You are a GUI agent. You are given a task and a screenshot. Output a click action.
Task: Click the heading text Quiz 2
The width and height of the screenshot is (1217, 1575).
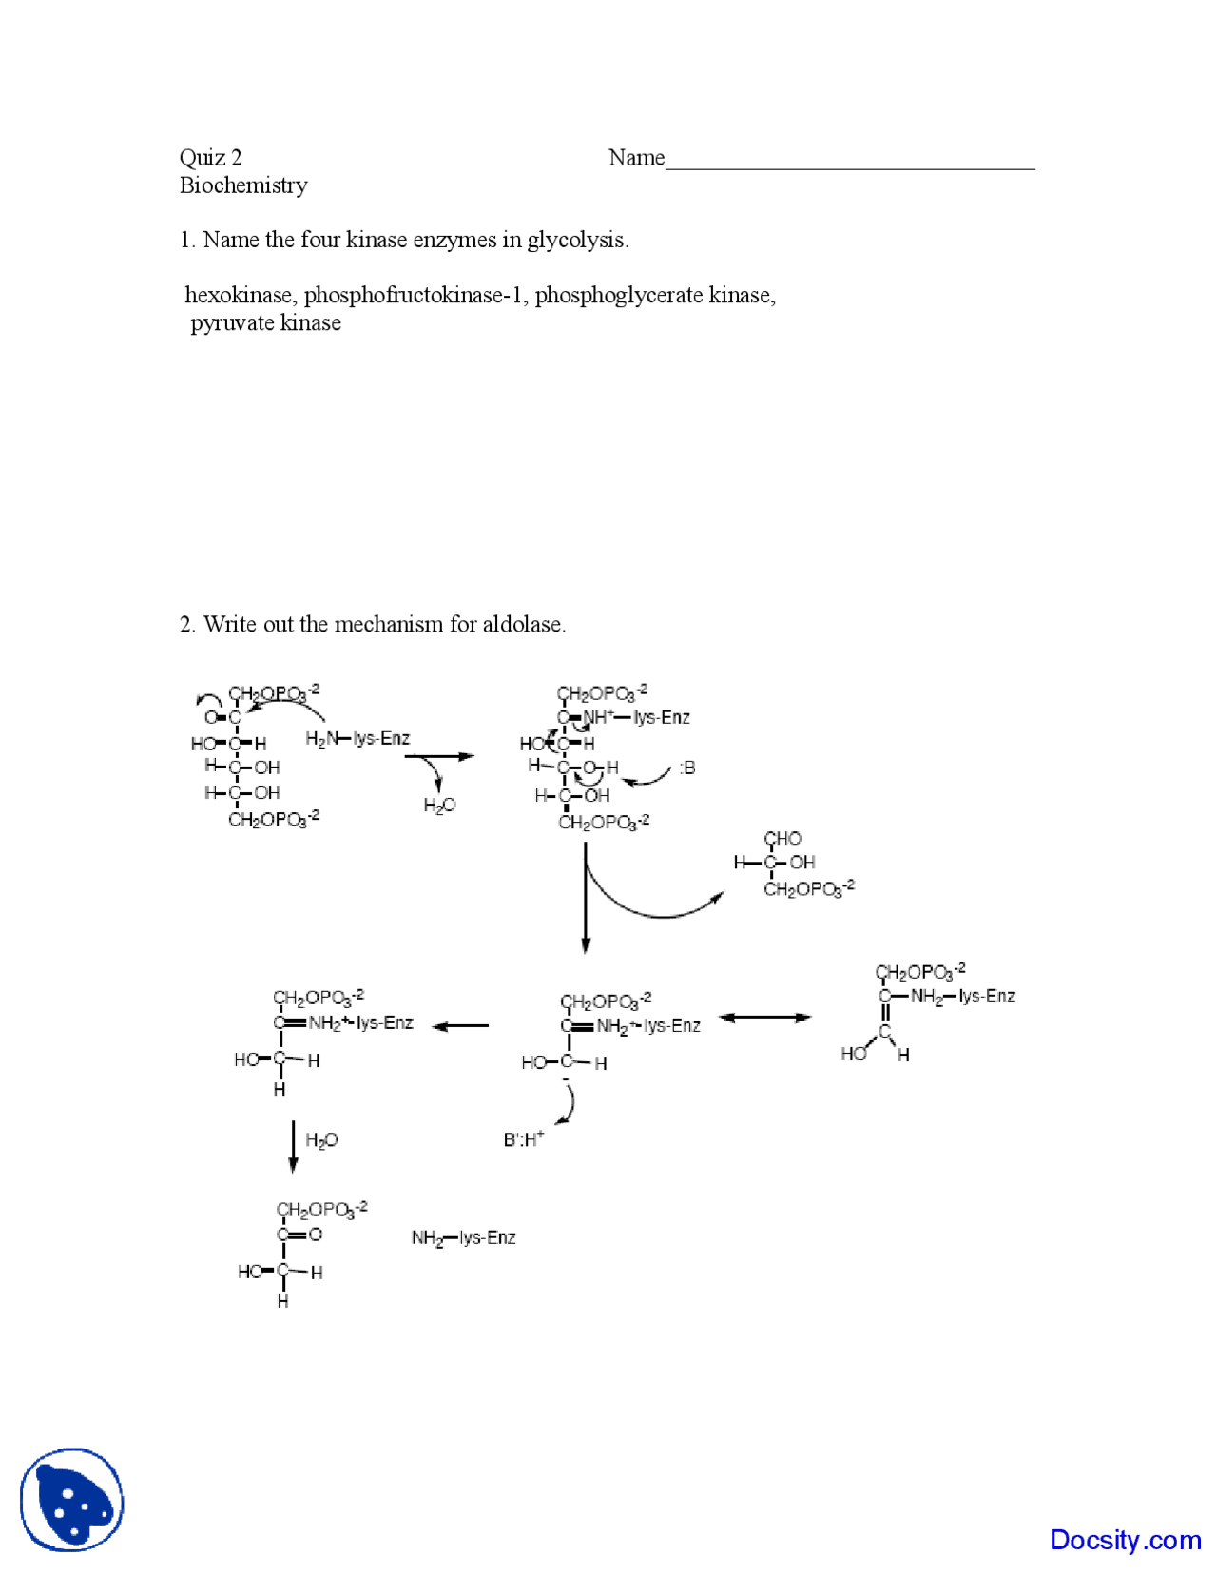coord(210,158)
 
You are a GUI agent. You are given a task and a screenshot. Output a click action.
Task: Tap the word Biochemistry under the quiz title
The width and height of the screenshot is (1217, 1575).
coord(243,185)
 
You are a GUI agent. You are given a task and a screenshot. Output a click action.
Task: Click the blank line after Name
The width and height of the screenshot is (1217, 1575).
coord(850,164)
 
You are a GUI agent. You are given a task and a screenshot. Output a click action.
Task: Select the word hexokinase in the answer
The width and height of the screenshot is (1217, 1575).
coord(238,296)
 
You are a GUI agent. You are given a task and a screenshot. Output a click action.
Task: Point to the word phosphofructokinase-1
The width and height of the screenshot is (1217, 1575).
coord(415,296)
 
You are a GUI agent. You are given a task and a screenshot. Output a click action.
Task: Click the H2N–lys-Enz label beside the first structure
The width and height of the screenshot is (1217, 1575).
coord(357,739)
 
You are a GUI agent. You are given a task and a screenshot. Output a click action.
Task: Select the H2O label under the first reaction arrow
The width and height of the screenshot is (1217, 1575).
coord(439,807)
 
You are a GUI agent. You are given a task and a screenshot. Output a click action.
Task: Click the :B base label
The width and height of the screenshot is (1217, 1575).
coord(686,768)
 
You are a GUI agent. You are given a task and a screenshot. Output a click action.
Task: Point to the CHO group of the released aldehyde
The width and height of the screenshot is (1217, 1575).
coord(782,839)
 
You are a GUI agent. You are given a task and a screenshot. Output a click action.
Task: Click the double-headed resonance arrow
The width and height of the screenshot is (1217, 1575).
coord(764,1018)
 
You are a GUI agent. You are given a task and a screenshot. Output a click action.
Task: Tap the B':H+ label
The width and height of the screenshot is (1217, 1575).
coord(524,1138)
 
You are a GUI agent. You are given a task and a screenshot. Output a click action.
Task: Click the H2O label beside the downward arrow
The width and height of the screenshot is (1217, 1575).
coord(321,1140)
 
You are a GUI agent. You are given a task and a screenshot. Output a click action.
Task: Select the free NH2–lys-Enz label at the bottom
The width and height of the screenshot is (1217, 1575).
coord(463,1237)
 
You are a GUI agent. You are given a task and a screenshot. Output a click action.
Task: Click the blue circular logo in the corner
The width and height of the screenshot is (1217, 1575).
coord(72,1500)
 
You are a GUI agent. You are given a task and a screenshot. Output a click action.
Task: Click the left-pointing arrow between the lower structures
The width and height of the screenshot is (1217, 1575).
coord(461,1026)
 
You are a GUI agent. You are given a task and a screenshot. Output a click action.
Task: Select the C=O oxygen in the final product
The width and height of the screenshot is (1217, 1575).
coord(316,1235)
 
